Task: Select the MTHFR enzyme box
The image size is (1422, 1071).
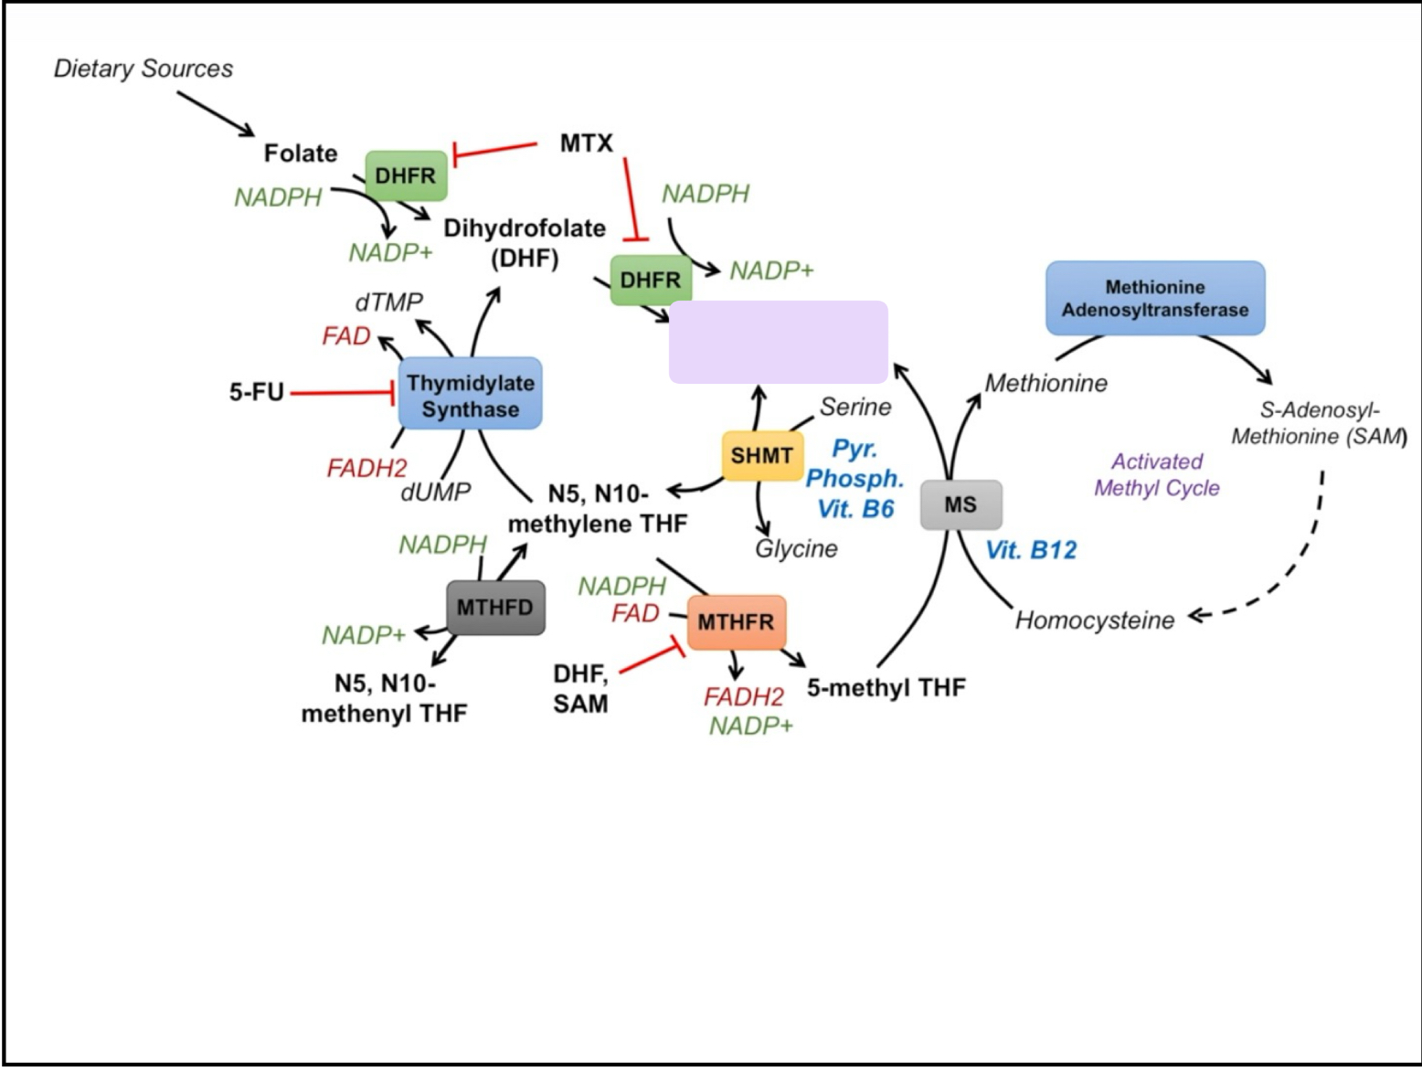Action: (736, 622)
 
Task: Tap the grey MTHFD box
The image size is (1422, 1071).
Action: (495, 608)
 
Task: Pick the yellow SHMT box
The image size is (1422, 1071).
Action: (761, 455)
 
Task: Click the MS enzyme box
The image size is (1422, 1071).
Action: (960, 504)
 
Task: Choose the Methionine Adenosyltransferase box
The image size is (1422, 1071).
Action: (1154, 298)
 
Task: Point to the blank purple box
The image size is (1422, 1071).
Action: (778, 342)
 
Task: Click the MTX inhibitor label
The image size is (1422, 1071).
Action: (586, 143)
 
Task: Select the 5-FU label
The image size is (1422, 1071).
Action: (256, 392)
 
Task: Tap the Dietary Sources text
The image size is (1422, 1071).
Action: (143, 69)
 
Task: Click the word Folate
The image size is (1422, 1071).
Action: (301, 153)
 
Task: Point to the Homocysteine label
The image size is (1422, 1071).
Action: (1094, 620)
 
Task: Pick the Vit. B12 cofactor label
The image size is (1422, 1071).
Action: (1031, 550)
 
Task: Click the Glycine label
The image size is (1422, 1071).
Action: (796, 548)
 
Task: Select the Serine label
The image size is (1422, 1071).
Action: (854, 407)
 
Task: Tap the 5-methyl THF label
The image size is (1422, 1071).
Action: (886, 687)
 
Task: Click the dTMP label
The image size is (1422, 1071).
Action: (388, 302)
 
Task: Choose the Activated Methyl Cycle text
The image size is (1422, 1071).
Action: (1156, 474)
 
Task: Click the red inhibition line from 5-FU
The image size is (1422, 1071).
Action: (340, 393)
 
